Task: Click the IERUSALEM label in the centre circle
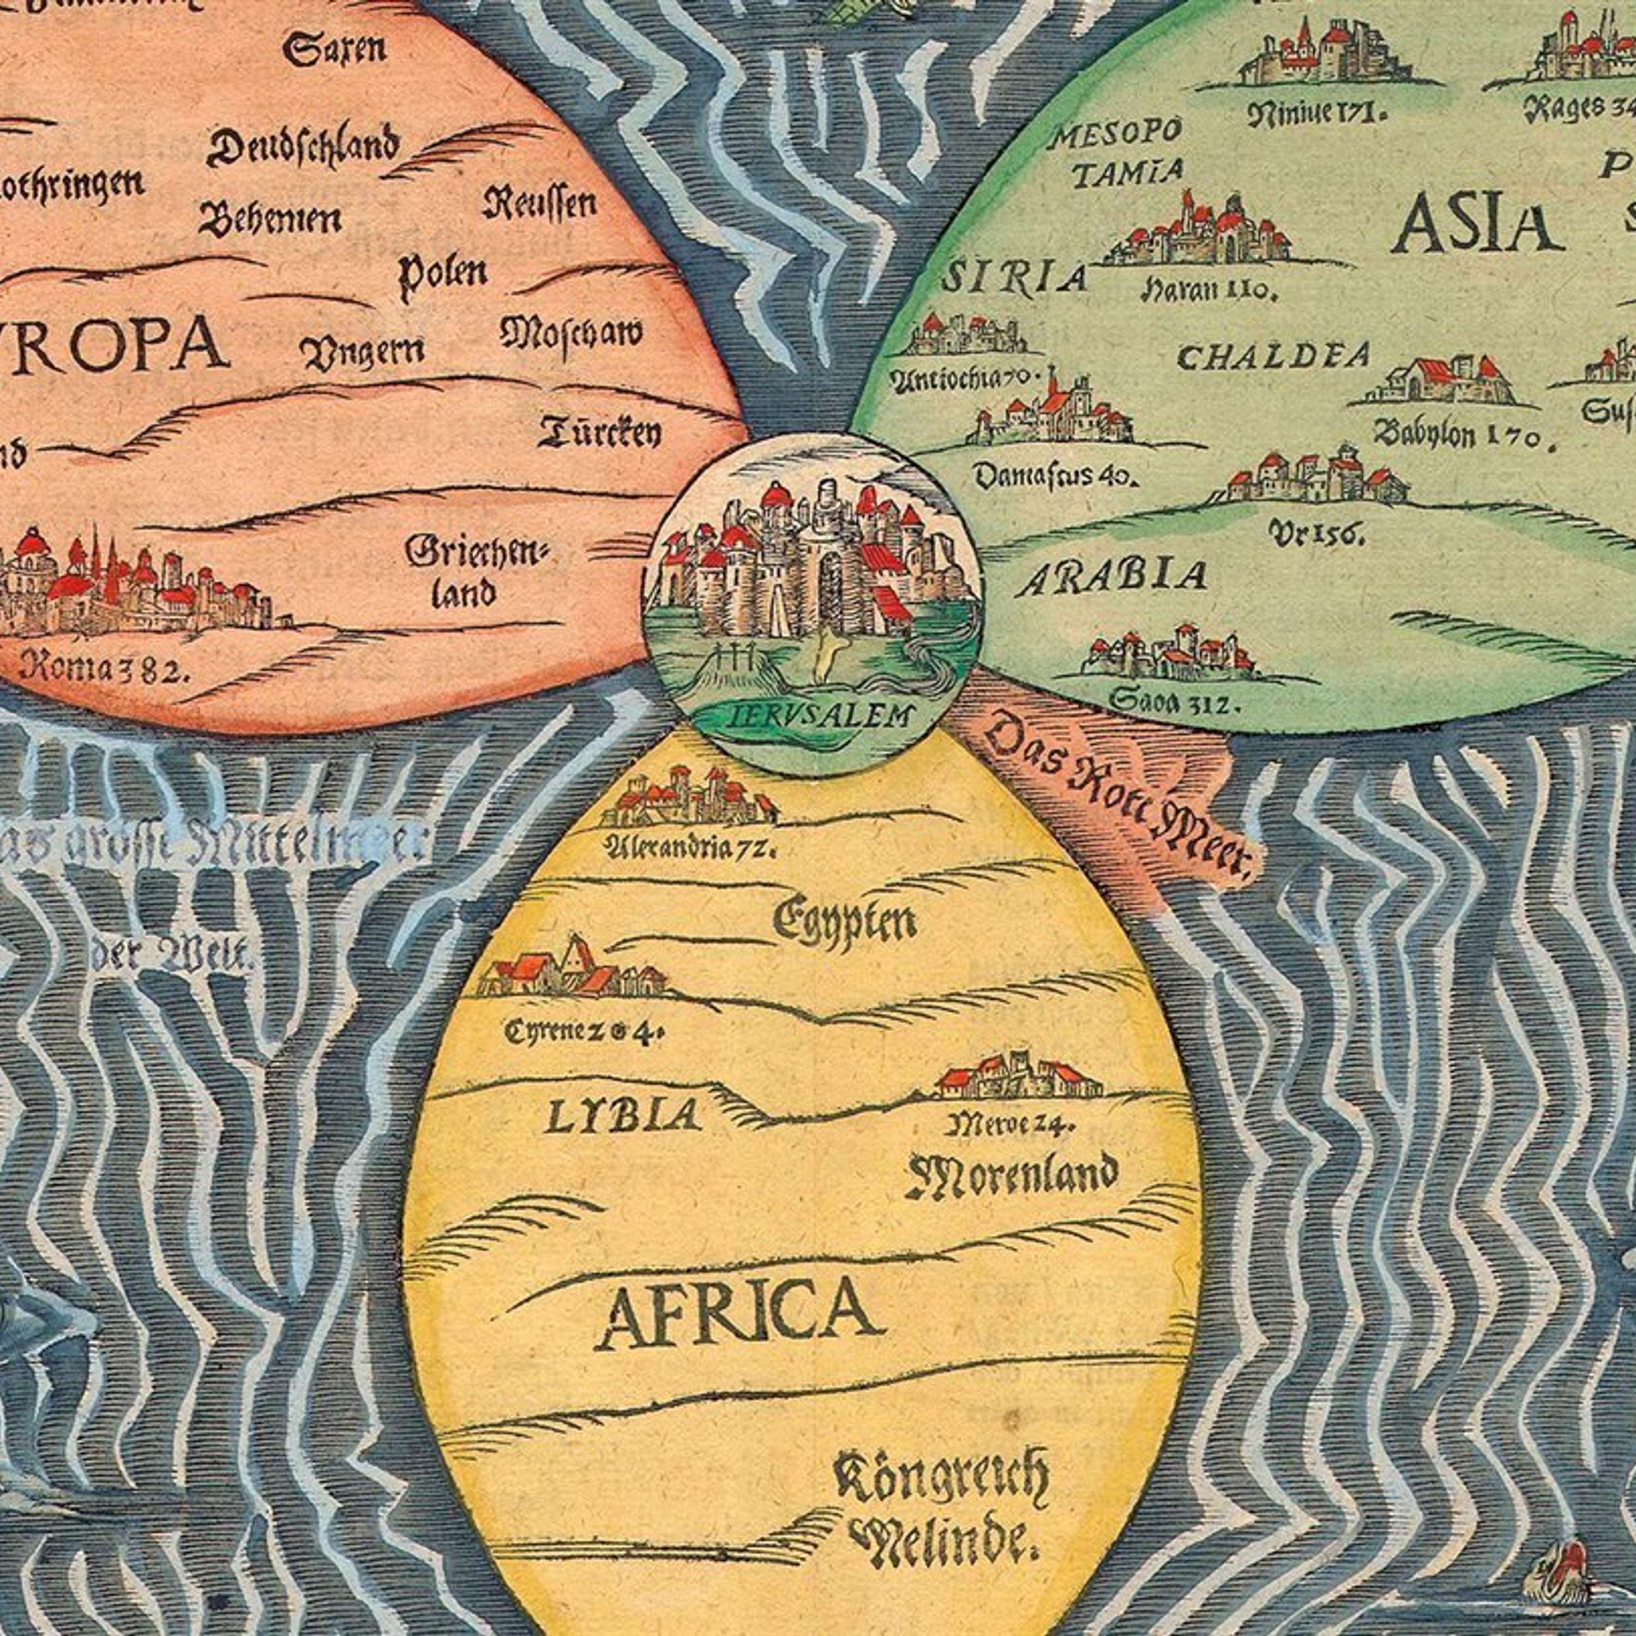[x=811, y=715]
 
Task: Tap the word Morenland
[x=1013, y=1176]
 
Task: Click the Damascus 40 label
[x=1054, y=477]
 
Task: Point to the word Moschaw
[x=571, y=333]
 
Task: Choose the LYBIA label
[x=622, y=1116]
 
